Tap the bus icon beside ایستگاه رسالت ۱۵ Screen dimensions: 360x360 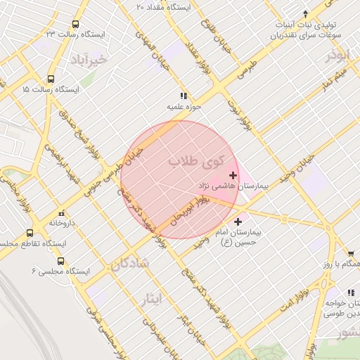tap(51, 79)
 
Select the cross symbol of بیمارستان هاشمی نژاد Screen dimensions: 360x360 tap(233, 174)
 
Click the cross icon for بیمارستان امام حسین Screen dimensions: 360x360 tap(238, 221)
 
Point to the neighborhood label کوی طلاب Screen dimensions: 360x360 tap(194, 162)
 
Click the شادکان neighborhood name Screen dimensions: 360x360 tap(130, 264)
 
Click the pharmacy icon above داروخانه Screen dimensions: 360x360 tap(61, 212)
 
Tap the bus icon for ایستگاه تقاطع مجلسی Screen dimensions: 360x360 tap(30, 233)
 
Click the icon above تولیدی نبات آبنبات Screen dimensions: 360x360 tap(305, 13)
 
